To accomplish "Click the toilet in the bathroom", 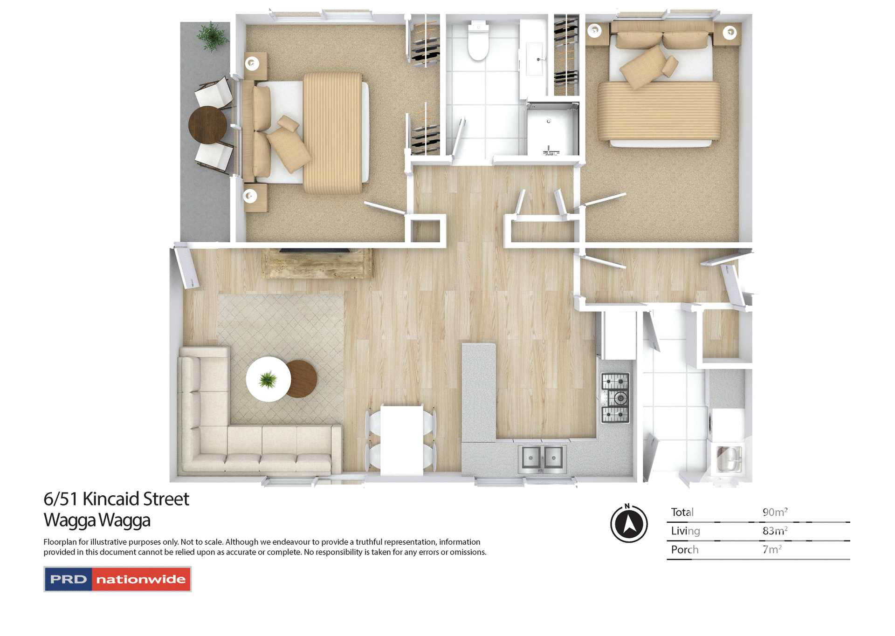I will tap(478, 42).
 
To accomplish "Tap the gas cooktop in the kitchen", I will tap(615, 398).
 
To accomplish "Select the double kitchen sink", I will tap(542, 458).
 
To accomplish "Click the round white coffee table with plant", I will tap(268, 379).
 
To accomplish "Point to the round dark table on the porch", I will tap(207, 125).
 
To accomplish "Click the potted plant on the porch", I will tap(212, 35).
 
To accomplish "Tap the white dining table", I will tap(401, 440).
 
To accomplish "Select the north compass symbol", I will tap(629, 523).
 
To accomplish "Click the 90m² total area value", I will tap(775, 512).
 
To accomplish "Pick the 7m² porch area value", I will tap(772, 549).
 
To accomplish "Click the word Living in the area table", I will tap(685, 531).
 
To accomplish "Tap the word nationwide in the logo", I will tap(141, 579).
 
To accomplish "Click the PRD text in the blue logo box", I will tap(69, 579).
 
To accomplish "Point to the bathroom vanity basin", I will tap(535, 59).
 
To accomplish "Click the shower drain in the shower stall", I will tap(549, 121).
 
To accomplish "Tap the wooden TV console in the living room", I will tap(317, 264).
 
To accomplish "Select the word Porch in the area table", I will tap(684, 549).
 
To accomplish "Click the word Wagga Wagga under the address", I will tap(97, 520).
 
